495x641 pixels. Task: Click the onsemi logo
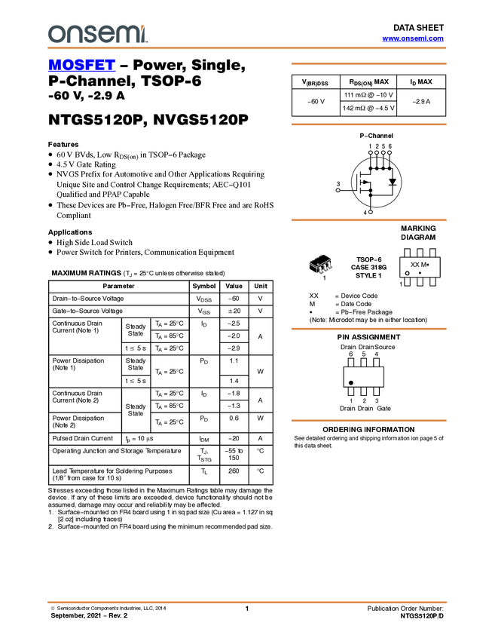pos(97,34)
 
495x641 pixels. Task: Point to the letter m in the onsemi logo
pos(128,34)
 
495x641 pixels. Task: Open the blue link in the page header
pos(413,38)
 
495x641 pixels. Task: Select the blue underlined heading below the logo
pos(81,66)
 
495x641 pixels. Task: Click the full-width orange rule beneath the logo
pos(247,48)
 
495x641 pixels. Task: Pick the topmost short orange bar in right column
pos(368,64)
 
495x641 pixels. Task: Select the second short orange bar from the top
pos(368,124)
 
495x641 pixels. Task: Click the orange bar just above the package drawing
pos(368,220)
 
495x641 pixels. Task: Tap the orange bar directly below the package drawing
pos(368,329)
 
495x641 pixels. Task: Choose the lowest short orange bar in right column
pos(368,421)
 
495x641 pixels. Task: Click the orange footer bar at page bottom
pos(247,603)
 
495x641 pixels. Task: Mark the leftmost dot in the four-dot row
pos(370,152)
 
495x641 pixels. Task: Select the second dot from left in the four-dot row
pos(376,152)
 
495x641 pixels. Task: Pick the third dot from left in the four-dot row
pos(383,152)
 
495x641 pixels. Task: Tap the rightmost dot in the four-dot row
pos(390,152)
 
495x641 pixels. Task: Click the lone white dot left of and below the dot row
pos(338,190)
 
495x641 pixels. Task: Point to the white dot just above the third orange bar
pos(370,212)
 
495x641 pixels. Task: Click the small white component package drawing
pos(322,266)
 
